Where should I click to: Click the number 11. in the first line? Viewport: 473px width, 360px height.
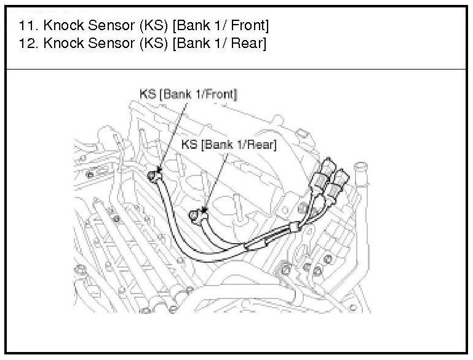[26, 26]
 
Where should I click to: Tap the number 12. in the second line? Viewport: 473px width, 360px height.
[26, 45]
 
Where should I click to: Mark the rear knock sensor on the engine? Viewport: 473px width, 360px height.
[196, 214]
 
